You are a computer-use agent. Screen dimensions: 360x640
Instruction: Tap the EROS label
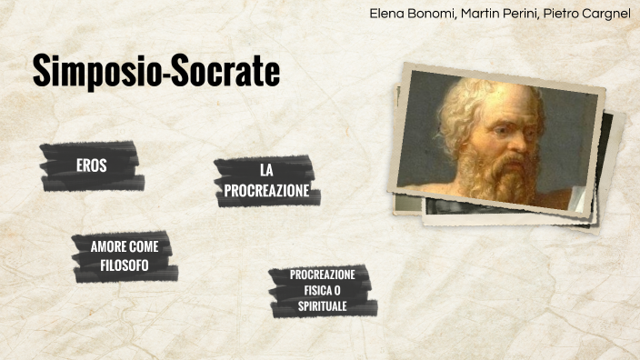[91, 165]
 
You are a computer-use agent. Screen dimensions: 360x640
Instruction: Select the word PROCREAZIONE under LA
[266, 191]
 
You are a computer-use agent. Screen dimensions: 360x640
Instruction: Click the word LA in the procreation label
[266, 171]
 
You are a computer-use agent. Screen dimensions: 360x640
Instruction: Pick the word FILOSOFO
[125, 265]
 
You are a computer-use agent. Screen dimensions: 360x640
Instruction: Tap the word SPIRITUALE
[323, 306]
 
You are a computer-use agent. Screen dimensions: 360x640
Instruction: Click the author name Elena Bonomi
[407, 14]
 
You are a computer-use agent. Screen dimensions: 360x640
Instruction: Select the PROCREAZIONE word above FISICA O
[323, 275]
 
